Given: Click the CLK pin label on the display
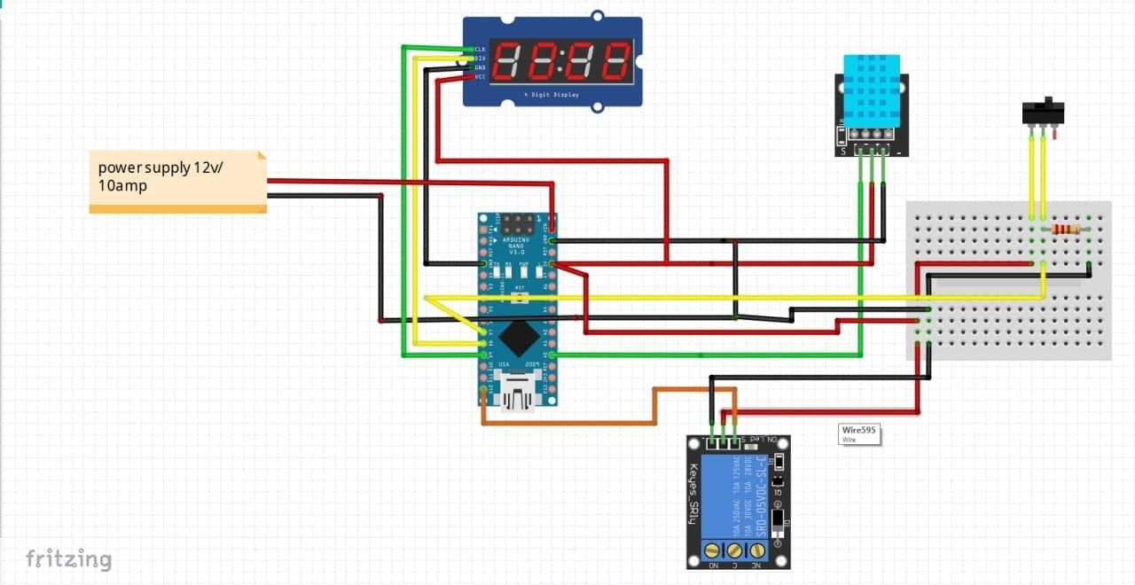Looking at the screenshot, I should pos(480,49).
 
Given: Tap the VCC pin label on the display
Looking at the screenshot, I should pos(480,77).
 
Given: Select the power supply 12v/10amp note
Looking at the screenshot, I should pos(177,181).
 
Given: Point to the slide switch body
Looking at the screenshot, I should pos(1043,113).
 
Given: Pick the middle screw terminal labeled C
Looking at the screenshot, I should pos(735,550).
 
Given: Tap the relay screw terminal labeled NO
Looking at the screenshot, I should pos(711,550).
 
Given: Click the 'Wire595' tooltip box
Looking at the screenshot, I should pos(859,433).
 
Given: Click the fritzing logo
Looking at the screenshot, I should pos(68,558).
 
